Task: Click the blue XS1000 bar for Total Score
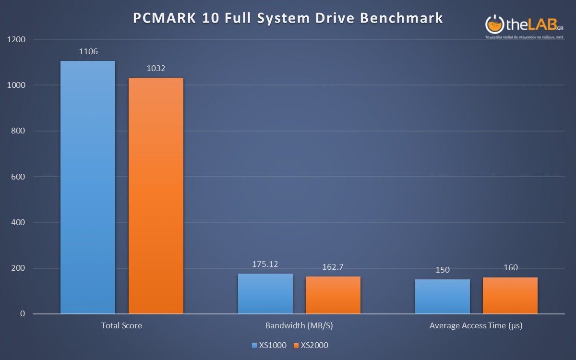88,187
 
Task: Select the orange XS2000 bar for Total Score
156,196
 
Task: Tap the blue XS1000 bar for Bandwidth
265,294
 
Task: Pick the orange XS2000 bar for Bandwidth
333,295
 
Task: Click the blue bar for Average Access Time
443,297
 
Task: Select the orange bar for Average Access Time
510,296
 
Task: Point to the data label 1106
88,51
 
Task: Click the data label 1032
156,68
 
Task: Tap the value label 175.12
265,264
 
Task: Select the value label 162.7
333,267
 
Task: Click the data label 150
443,270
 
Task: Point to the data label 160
511,267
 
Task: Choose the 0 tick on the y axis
23,314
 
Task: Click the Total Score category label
121,325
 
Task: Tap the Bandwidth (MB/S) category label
299,325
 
